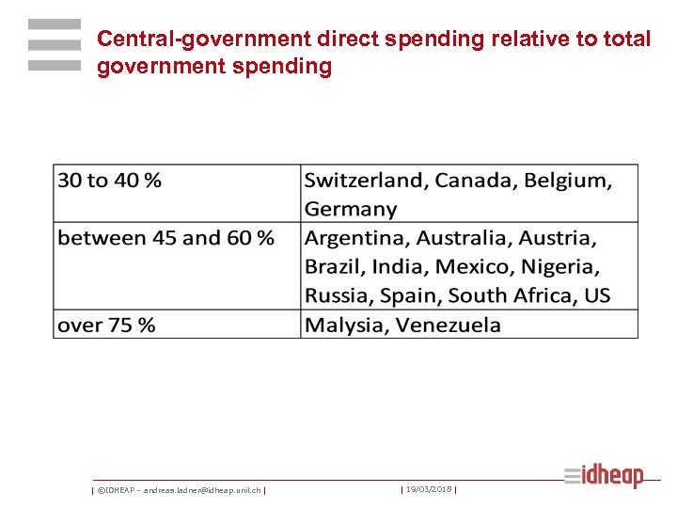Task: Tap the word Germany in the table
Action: tap(351, 209)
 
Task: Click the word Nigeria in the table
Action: tap(559, 266)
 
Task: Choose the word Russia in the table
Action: tap(338, 295)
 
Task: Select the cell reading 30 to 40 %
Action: tap(109, 181)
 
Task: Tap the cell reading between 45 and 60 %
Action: tap(165, 238)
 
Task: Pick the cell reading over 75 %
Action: tap(106, 325)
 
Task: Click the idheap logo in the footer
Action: tap(605, 476)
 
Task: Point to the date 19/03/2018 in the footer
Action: tap(428, 489)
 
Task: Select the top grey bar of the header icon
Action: tap(54, 24)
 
